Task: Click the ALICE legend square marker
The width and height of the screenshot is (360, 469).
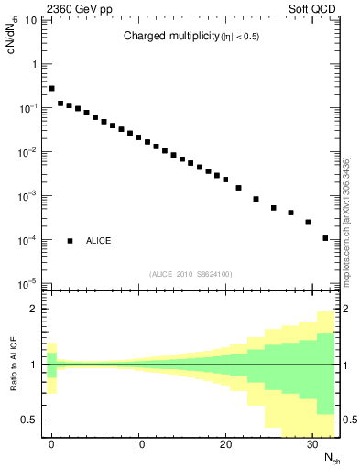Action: coord(70,241)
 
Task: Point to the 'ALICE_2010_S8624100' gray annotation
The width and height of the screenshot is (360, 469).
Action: coord(191,274)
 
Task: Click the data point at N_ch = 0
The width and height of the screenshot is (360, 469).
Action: coord(51,89)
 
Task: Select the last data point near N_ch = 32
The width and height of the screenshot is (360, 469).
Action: coord(325,238)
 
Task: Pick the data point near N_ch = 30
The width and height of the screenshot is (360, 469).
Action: coord(308,222)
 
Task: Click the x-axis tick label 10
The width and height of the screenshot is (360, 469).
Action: coord(138,445)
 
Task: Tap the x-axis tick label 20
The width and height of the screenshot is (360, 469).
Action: coord(225,445)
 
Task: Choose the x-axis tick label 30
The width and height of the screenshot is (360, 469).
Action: coord(312,445)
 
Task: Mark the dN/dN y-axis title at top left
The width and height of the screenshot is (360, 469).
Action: coord(14,37)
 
